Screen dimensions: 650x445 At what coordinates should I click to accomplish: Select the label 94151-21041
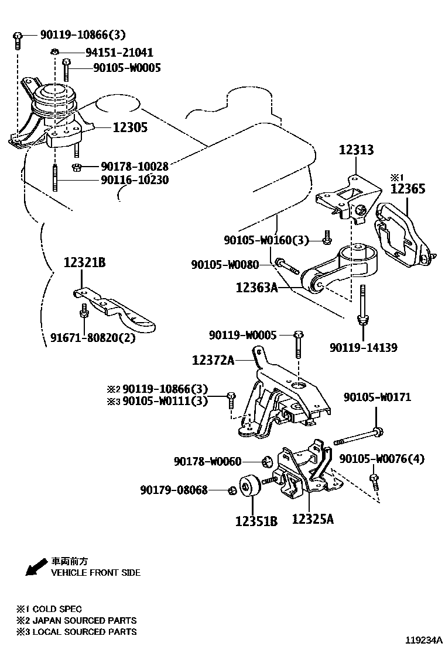pos(119,52)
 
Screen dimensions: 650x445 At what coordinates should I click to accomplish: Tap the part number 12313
pos(355,151)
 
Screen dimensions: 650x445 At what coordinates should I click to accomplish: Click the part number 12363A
pos(257,288)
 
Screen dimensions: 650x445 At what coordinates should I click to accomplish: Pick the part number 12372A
pos(213,361)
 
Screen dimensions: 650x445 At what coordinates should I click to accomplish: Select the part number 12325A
pos(313,518)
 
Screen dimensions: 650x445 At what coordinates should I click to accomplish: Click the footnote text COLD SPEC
pos(57,609)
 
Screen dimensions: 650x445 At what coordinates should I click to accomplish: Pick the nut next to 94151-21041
pos(54,51)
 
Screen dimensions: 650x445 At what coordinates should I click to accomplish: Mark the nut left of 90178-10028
pos(76,168)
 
